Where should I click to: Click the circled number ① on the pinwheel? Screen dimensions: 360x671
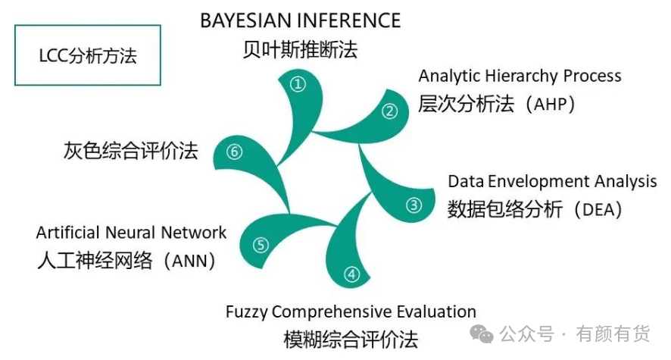(299, 84)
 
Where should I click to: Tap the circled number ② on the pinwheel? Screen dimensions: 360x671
(389, 111)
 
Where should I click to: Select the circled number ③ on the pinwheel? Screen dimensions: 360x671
(414, 205)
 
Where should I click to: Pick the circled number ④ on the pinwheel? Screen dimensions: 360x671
(351, 274)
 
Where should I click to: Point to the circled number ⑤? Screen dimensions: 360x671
(261, 245)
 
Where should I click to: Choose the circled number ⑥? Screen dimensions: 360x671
(234, 152)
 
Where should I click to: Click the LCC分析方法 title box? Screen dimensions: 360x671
(88, 55)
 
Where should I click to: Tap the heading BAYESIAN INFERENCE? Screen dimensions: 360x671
(301, 20)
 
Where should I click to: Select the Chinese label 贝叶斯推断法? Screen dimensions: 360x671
(301, 51)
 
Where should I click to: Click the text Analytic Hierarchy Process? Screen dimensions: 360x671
(520, 76)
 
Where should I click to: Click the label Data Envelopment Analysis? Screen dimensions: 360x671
(552, 181)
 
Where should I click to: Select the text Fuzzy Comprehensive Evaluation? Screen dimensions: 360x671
(351, 311)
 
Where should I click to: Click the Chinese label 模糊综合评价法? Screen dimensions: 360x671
(351, 338)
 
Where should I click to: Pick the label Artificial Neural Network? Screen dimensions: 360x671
(131, 233)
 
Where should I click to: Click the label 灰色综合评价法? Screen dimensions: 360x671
(130, 151)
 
